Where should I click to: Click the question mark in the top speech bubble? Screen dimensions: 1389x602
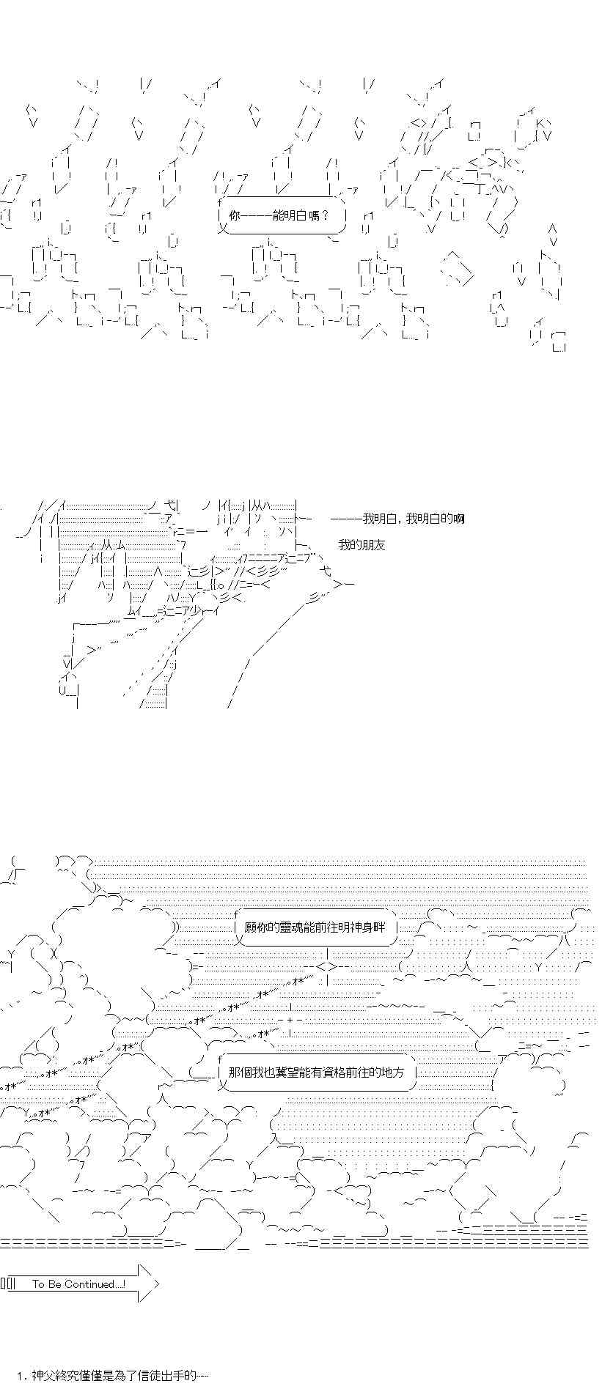(324, 215)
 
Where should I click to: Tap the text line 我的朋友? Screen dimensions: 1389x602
(361, 544)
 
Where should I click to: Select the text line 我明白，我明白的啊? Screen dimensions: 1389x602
(397, 519)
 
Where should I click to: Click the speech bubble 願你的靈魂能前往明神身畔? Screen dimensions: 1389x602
(320, 927)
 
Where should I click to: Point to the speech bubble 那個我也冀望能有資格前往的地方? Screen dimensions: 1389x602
(316, 1072)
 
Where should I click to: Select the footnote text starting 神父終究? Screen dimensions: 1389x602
(114, 1376)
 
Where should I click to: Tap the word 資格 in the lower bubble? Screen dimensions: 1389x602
(345, 1072)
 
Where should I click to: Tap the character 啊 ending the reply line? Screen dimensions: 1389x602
(459, 519)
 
